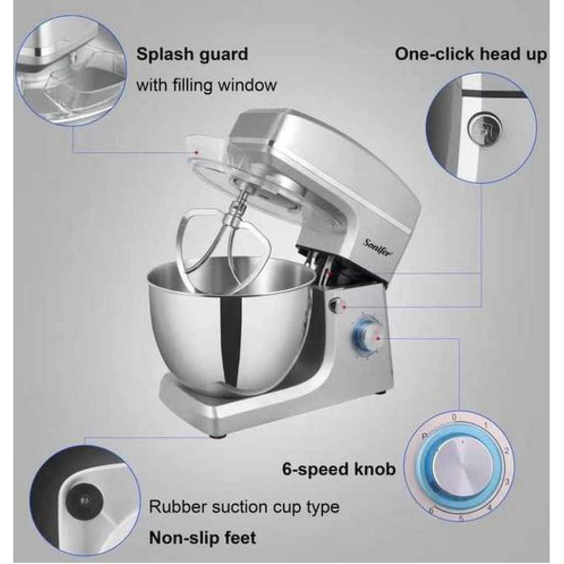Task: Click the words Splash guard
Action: coord(192,55)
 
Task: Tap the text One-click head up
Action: coord(471,55)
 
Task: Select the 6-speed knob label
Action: coord(339,469)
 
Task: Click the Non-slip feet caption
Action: coord(203,538)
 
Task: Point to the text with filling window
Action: coord(207,85)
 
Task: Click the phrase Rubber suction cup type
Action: coord(244,507)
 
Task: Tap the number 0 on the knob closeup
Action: coord(454,417)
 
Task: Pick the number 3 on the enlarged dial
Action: coord(507,481)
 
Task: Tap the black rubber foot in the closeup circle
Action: coord(84,500)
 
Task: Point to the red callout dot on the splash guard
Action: coord(197,153)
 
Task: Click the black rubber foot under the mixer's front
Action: coord(217,436)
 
